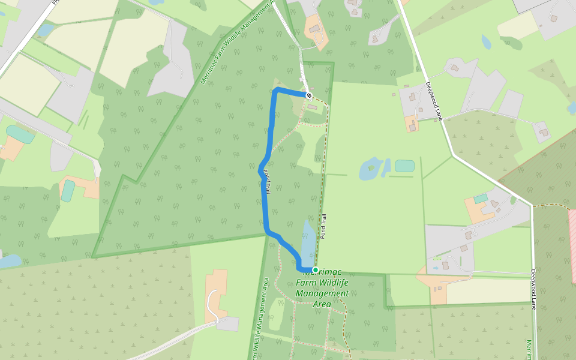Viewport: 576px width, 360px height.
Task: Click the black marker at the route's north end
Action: coord(309,95)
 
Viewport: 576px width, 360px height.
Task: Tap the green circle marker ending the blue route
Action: coord(316,270)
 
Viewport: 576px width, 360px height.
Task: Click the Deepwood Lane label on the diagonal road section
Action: coord(434,101)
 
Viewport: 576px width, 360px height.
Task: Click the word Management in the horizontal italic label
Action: coord(323,293)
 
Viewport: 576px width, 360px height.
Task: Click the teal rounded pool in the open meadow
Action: coord(404,166)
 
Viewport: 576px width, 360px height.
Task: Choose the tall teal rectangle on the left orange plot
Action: coord(68,191)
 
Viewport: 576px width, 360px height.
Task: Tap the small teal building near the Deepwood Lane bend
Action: coord(481,198)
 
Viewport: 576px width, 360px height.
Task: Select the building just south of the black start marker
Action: coord(312,107)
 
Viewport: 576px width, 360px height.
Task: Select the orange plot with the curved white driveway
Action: coord(217,294)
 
